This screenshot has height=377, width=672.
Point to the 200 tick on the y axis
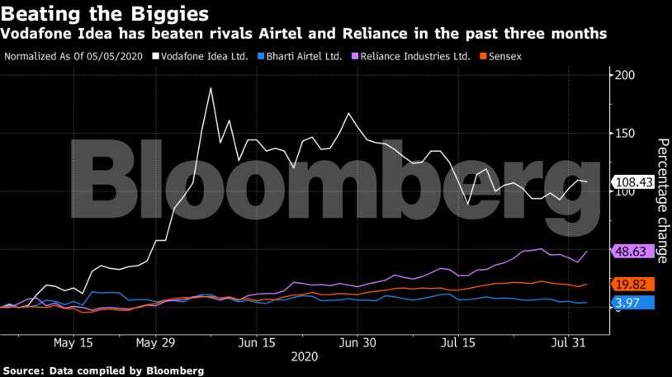coord(624,75)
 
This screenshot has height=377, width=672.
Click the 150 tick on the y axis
coord(624,134)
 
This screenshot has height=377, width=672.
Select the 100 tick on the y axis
coord(624,191)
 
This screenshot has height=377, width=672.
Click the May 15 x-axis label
coord(73,342)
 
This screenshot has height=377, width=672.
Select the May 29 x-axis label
coord(157,342)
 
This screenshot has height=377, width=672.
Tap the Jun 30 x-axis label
coord(358,342)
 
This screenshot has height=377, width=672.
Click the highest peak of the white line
coord(211,87)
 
